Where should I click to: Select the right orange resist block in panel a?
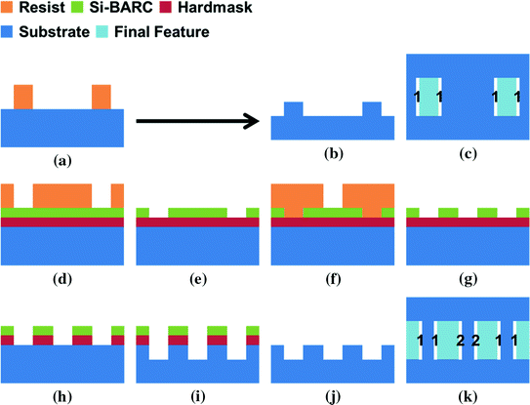point(102,97)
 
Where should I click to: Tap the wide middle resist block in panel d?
point(62,194)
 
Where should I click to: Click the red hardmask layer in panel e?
point(197,223)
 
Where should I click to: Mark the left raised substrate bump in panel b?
point(293,108)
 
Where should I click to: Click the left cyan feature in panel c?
point(428,98)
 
